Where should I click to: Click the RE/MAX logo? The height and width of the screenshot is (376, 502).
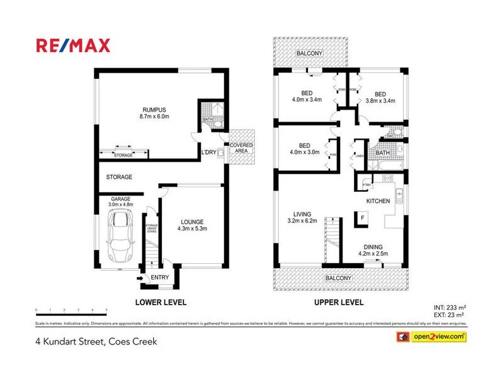click(73, 45)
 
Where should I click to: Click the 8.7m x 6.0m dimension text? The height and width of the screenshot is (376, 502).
click(154, 116)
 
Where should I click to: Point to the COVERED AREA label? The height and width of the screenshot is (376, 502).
click(241, 148)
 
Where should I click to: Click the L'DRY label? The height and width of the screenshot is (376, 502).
click(208, 152)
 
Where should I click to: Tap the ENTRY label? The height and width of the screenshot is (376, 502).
click(159, 278)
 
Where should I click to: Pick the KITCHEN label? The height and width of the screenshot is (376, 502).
click(378, 201)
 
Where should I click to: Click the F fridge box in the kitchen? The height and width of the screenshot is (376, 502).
click(362, 218)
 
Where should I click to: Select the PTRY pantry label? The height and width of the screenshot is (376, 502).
click(366, 185)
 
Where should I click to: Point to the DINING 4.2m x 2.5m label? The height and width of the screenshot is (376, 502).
click(373, 251)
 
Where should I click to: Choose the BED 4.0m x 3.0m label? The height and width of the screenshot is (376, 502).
click(304, 149)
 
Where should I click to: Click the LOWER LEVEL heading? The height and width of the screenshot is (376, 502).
click(161, 302)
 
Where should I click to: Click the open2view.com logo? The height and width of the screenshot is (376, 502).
click(430, 337)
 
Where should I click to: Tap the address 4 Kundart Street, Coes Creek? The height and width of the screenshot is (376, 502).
click(95, 342)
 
